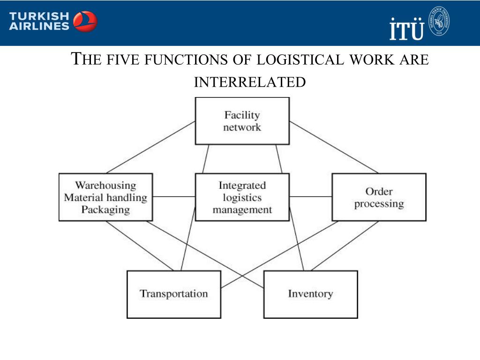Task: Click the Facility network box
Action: click(x=242, y=121)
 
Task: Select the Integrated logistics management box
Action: click(x=242, y=197)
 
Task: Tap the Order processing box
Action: click(x=379, y=197)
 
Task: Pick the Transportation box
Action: click(x=173, y=294)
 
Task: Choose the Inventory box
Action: click(x=310, y=294)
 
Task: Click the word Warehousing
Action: click(x=105, y=186)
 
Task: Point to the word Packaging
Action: click(x=105, y=210)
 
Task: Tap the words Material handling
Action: click(x=105, y=197)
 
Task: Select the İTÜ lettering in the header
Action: click(x=406, y=29)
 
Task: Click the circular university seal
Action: click(x=440, y=21)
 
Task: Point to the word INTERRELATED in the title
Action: click(x=250, y=82)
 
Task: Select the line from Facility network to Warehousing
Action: click(x=150, y=147)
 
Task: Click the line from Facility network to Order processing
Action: click(x=334, y=147)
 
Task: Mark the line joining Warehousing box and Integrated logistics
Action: click(x=173, y=197)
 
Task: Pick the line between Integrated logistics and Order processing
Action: click(x=310, y=197)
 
